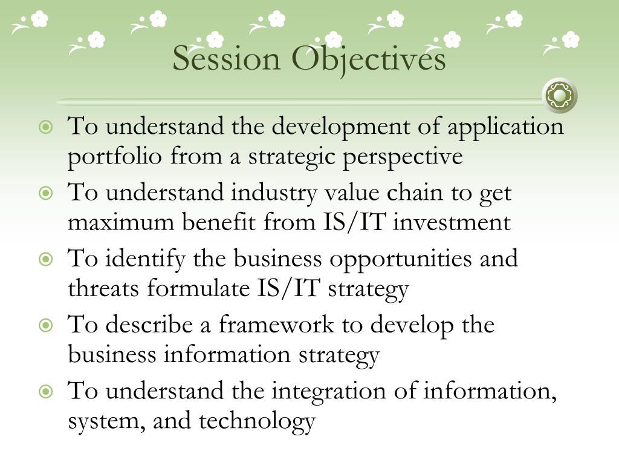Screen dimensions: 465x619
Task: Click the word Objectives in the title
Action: [369, 59]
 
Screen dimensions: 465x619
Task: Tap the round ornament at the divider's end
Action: [560, 96]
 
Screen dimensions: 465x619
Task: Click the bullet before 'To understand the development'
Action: [46, 128]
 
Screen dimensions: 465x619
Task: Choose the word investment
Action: [452, 223]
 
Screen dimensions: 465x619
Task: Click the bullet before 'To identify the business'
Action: [46, 260]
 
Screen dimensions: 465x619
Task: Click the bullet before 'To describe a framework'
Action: [46, 326]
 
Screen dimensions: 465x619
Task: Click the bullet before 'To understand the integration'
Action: [46, 392]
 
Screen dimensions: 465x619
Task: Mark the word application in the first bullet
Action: [505, 128]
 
